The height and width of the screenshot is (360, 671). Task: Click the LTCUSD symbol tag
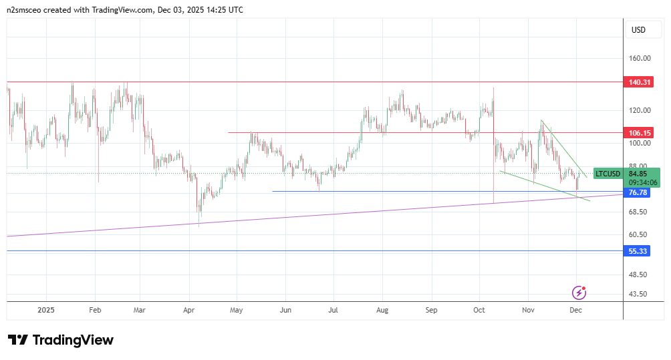click(608, 174)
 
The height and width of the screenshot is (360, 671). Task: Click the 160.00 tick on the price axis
click(640, 59)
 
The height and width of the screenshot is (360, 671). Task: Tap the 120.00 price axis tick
click(640, 110)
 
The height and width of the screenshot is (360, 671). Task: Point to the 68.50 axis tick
click(640, 212)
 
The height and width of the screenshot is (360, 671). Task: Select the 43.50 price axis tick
click(640, 294)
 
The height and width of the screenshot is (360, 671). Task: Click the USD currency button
click(638, 30)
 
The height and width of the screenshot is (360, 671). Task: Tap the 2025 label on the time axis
click(46, 311)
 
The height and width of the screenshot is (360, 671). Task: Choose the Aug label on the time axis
click(382, 311)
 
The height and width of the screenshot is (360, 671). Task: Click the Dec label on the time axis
click(575, 311)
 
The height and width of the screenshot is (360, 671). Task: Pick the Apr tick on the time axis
click(188, 311)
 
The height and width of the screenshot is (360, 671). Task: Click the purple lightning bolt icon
click(579, 293)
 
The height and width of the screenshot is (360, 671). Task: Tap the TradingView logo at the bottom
click(61, 340)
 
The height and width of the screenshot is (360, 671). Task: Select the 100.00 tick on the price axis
click(640, 143)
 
